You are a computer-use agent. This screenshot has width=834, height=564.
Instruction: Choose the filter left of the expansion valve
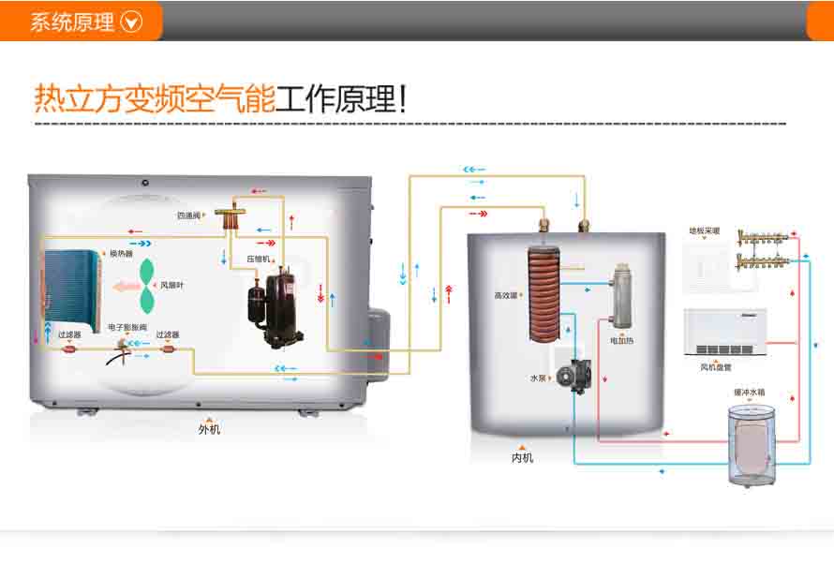click(68, 350)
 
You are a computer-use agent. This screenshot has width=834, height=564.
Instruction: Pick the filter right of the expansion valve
click(167, 350)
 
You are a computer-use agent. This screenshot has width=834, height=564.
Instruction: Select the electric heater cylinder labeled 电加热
click(620, 300)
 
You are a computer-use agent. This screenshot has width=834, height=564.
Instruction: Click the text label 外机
click(209, 430)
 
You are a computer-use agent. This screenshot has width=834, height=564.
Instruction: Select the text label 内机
click(522, 458)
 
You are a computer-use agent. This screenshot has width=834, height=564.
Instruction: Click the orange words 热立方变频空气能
click(155, 98)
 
